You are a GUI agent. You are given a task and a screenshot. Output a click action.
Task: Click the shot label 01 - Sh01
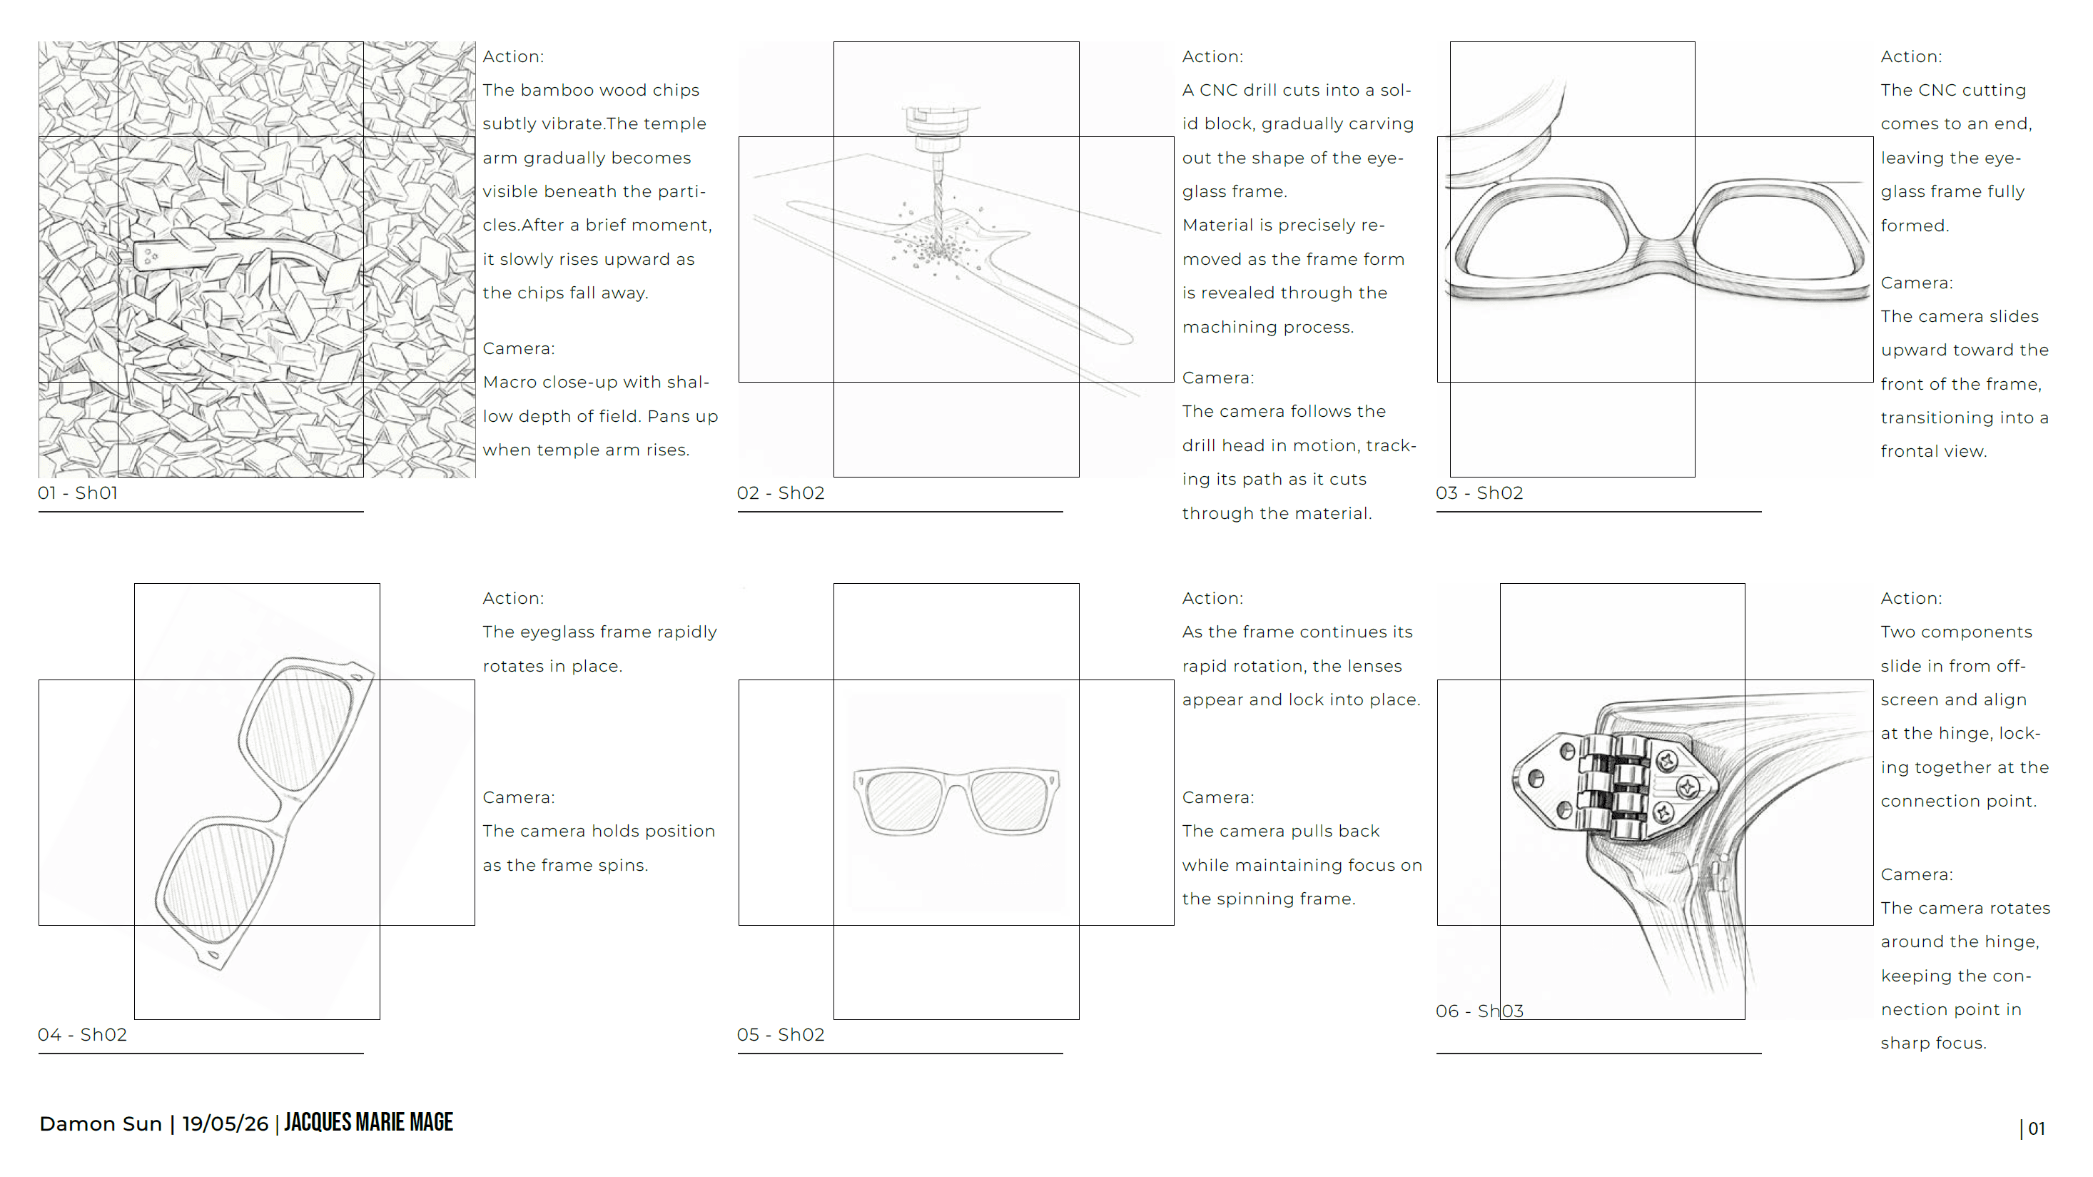(x=78, y=492)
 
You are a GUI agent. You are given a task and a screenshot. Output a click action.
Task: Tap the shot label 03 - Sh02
(x=1479, y=492)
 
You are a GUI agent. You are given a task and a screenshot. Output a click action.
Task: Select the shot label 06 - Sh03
(x=1479, y=1011)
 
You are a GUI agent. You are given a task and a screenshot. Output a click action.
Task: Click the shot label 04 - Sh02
(x=82, y=1034)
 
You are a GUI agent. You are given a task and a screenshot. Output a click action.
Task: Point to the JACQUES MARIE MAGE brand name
(x=369, y=1122)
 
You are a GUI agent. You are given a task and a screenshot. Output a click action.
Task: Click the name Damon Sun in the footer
(x=101, y=1123)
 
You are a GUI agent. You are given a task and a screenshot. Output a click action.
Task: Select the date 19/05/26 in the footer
(x=225, y=1123)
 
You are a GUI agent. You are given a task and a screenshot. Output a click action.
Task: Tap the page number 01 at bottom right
(x=2036, y=1128)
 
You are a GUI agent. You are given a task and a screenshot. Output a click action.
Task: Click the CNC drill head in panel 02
(x=938, y=134)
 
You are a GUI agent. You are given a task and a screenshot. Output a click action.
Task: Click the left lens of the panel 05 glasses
(x=902, y=801)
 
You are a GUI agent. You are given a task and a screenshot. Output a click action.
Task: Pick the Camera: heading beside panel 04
(x=518, y=797)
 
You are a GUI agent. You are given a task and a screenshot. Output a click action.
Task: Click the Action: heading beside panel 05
(x=1212, y=598)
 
